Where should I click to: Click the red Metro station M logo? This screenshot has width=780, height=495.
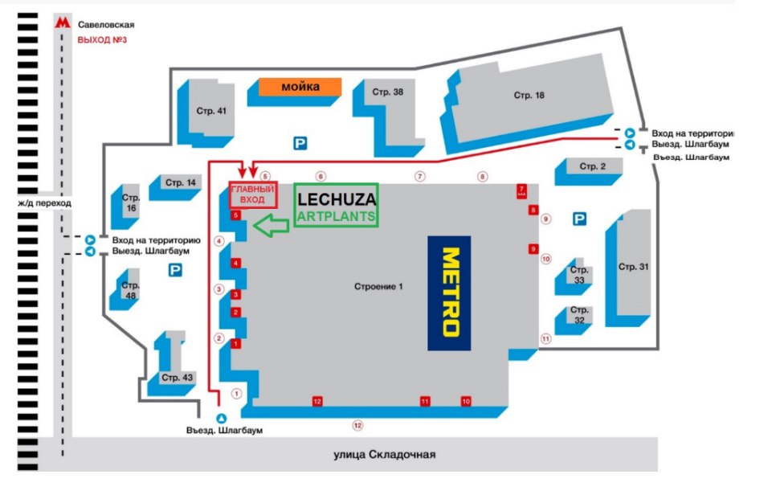[x=62, y=24]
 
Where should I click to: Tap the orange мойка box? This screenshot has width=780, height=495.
[x=300, y=87]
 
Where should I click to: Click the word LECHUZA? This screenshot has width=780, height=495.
[x=337, y=199]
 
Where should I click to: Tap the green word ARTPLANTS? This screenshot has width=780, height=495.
[x=337, y=216]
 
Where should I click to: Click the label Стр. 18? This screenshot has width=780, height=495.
[x=529, y=96]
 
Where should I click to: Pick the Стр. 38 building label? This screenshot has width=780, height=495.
[x=387, y=92]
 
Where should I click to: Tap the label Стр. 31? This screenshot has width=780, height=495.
[x=633, y=266]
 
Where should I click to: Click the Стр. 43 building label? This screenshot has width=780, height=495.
[x=177, y=377]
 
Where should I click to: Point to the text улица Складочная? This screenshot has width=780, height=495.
[x=384, y=455]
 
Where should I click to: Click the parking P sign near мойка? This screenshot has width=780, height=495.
[x=300, y=144]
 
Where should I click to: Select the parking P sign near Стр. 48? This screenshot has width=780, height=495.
[x=174, y=272]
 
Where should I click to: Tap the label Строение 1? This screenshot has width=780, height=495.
[x=378, y=287]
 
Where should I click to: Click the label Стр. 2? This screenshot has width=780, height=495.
[x=589, y=166]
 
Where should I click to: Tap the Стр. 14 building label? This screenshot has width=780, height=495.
[x=181, y=183]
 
